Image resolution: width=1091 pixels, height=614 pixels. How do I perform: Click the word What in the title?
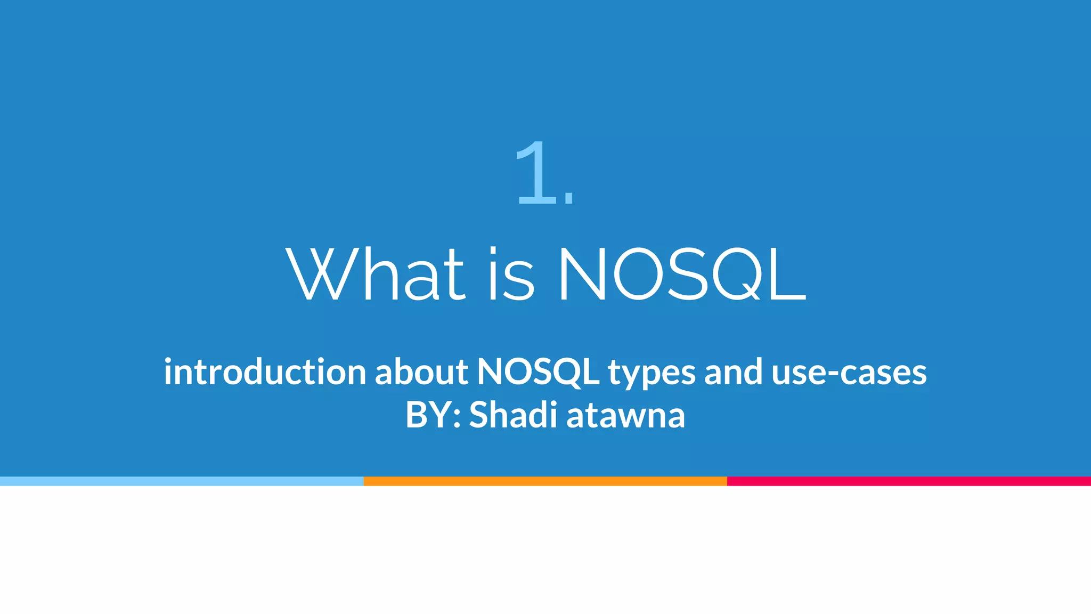point(376,274)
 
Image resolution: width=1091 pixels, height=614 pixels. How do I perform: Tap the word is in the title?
point(511,274)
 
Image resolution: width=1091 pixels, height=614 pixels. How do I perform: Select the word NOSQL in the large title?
point(682,274)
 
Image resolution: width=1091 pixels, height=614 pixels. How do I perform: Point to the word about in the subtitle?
point(421,371)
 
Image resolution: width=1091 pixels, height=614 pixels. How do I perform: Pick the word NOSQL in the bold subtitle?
point(538,371)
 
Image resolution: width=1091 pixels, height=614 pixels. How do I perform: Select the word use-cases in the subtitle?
point(849,371)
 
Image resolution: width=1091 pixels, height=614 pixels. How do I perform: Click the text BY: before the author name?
point(433,415)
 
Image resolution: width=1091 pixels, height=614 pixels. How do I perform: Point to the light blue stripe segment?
point(182,481)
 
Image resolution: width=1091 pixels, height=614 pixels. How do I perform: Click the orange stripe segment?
point(545,481)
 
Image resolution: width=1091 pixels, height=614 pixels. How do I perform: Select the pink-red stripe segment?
point(909,481)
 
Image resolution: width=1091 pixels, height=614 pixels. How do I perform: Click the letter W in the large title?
point(319,274)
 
